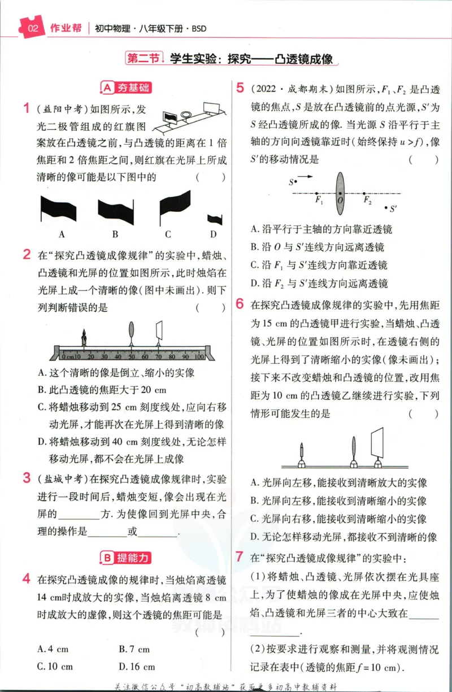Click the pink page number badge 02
tap(32, 28)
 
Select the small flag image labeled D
tap(215, 220)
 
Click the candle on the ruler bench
tap(84, 337)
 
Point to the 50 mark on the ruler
tap(132, 356)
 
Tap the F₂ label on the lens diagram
tap(367, 200)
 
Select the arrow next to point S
tap(305, 177)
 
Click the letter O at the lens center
tap(340, 200)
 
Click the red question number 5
tap(240, 88)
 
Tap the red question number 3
tap(27, 478)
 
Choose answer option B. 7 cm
tap(134, 649)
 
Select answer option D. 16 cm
tap(137, 667)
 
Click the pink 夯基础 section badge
tap(126, 88)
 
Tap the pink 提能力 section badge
tap(125, 558)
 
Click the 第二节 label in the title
tap(144, 58)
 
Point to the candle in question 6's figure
tap(302, 454)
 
